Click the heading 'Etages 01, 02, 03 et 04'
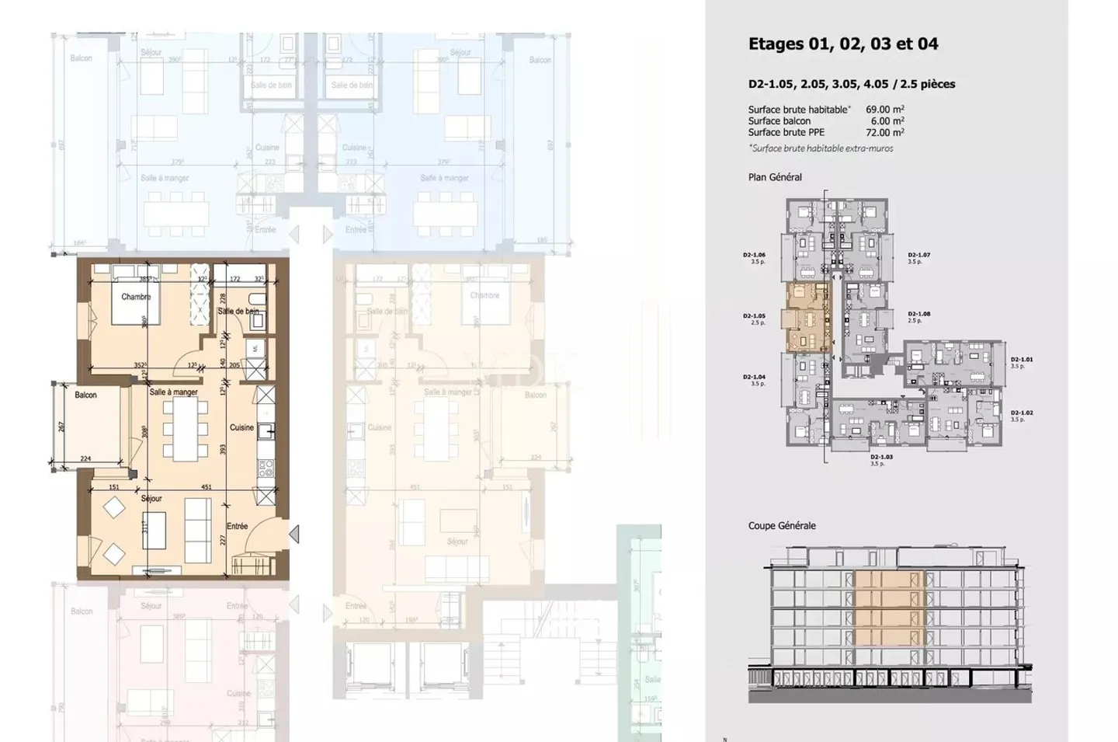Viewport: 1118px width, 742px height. point(843,44)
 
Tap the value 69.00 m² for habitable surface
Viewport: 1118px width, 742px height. point(884,110)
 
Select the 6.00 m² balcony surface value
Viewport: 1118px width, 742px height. point(887,121)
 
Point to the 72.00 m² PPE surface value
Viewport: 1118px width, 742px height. point(884,133)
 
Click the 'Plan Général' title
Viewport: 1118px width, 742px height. point(775,177)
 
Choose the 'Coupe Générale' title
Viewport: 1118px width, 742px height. point(782,526)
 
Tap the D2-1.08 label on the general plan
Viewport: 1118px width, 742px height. point(918,315)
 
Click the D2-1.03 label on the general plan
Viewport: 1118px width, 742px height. point(881,458)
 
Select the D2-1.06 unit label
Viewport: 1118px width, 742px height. point(754,255)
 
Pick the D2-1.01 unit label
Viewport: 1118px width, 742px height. point(1022,360)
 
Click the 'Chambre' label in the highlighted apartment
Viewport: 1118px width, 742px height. point(136,297)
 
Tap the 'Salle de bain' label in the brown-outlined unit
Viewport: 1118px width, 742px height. point(238,311)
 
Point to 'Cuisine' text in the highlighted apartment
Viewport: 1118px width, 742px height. point(241,427)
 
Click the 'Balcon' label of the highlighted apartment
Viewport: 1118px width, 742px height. point(85,395)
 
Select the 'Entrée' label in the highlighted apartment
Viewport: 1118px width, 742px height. point(237,526)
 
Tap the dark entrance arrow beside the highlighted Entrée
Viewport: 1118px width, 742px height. point(294,534)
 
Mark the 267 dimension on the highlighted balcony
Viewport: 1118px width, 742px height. point(61,427)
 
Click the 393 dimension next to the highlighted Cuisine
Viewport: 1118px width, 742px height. point(222,450)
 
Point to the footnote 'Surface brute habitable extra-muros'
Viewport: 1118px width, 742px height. point(821,148)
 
